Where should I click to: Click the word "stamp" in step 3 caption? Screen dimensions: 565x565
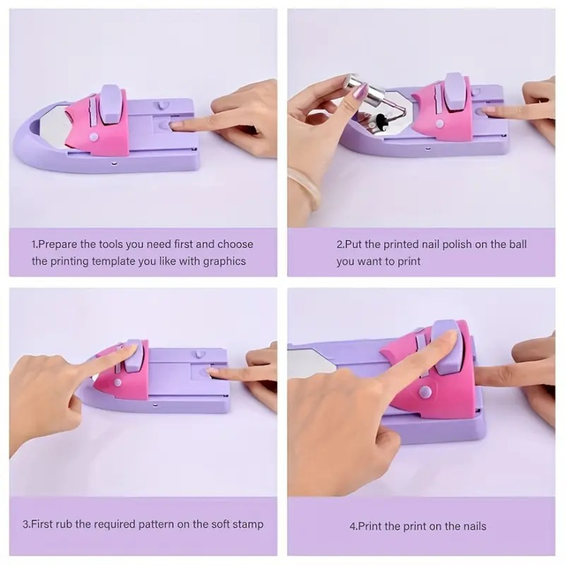click(247, 524)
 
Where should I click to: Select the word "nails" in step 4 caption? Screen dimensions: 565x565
click(471, 526)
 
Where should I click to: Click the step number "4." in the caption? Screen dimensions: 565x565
click(354, 526)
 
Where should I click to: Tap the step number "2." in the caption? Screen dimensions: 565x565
click(341, 244)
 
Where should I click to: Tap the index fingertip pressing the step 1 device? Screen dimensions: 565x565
click(177, 124)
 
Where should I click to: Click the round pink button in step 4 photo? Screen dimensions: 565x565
click(426, 391)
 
